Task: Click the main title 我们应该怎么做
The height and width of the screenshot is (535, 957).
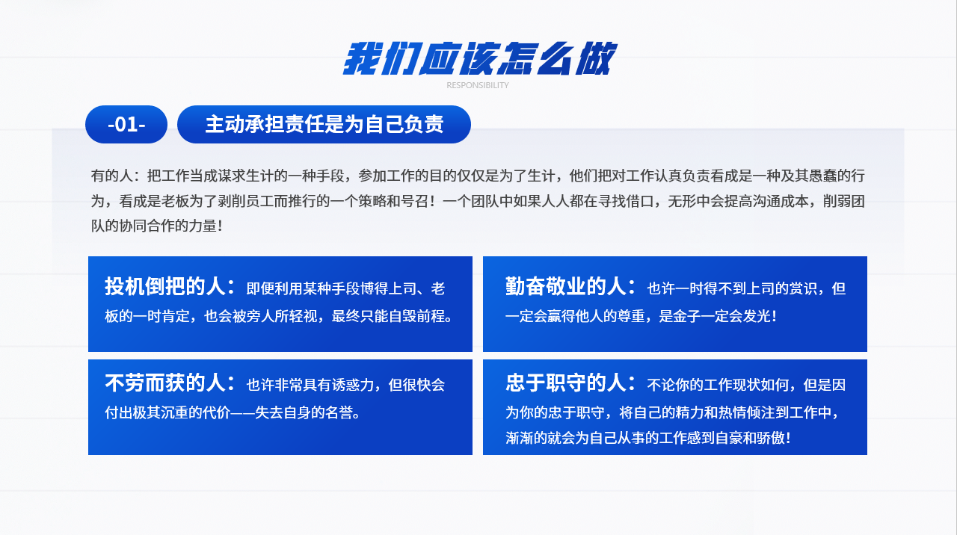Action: click(479, 58)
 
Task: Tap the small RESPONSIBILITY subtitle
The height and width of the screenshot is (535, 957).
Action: click(478, 85)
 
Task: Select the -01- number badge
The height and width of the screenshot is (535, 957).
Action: click(126, 124)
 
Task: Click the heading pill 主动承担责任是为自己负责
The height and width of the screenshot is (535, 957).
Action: click(324, 124)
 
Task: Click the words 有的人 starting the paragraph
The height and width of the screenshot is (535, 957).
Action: click(112, 176)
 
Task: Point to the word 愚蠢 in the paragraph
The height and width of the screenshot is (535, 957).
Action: click(822, 176)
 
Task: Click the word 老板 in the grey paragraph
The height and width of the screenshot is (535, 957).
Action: click(175, 201)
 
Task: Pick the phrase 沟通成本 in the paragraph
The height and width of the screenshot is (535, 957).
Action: click(780, 201)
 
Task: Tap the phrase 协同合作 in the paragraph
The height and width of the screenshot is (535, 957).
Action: click(147, 226)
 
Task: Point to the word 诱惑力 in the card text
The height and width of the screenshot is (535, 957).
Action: click(353, 385)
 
